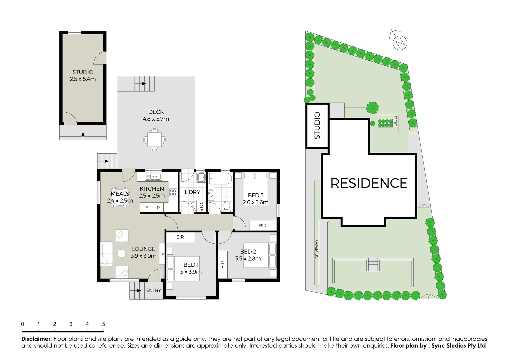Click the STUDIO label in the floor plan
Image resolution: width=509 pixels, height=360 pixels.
coord(83,72)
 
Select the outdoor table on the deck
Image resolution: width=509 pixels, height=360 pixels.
coord(154,140)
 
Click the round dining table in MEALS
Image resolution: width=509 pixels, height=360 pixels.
coord(120,197)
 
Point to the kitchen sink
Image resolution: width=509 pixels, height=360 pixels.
coord(153,177)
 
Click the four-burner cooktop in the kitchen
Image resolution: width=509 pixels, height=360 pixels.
coord(173,192)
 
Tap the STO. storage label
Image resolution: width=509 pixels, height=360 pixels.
coord(201,207)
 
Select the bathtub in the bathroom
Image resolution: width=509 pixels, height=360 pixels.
coord(220,179)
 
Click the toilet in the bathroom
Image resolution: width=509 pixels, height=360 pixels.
coord(227,206)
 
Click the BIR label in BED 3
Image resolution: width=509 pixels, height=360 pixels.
coord(263,226)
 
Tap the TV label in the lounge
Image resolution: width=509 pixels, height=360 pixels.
coord(162,254)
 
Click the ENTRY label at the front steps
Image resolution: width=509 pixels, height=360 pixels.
coord(153,290)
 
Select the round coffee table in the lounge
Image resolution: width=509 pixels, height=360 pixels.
coord(122,254)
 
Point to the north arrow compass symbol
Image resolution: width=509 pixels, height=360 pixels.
coord(400,42)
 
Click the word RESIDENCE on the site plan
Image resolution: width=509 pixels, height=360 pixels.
coord(369,183)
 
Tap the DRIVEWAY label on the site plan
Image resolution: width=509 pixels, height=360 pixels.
coord(317,249)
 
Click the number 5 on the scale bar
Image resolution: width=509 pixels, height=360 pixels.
coord(103,324)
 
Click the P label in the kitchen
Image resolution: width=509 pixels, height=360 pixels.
coord(158,208)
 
